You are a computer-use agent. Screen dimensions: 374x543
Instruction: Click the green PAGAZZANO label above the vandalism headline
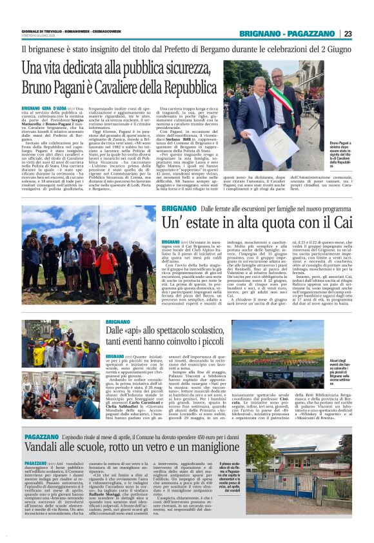click(x=41, y=436)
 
